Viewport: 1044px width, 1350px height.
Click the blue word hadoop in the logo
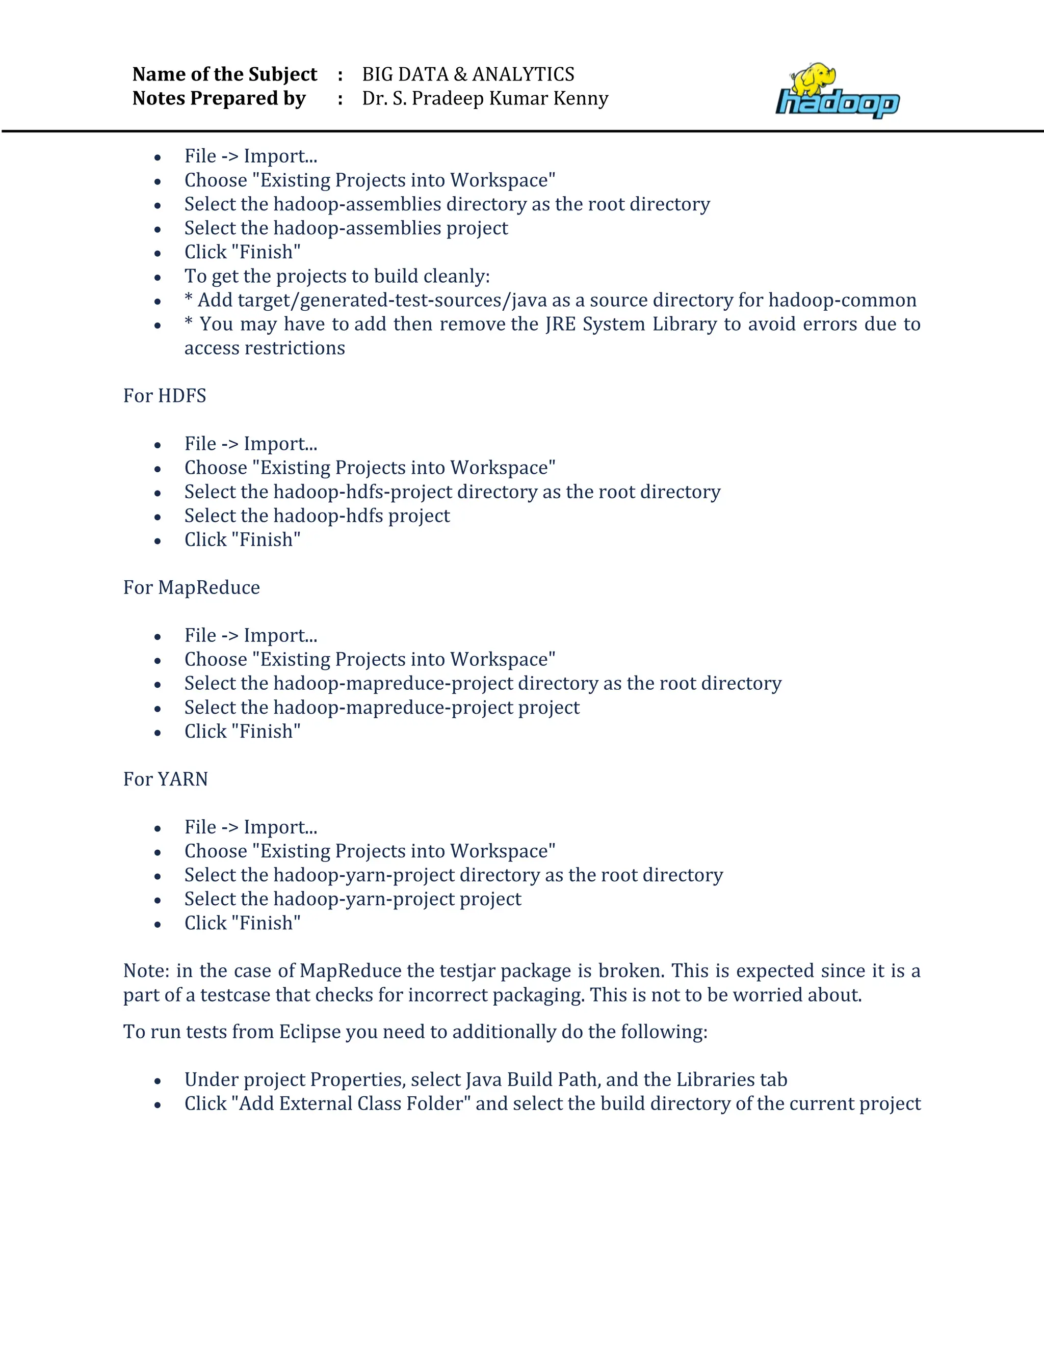pyautogui.click(x=838, y=103)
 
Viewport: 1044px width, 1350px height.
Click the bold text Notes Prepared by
pyautogui.click(x=219, y=98)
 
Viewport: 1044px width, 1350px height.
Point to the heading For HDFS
pyautogui.click(x=165, y=396)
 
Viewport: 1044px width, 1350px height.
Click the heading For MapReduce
pyautogui.click(x=191, y=587)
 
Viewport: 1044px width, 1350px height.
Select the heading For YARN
pyautogui.click(x=165, y=779)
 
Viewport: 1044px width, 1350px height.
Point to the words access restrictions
pyautogui.click(x=265, y=348)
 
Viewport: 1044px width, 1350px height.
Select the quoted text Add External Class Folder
pyautogui.click(x=351, y=1103)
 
